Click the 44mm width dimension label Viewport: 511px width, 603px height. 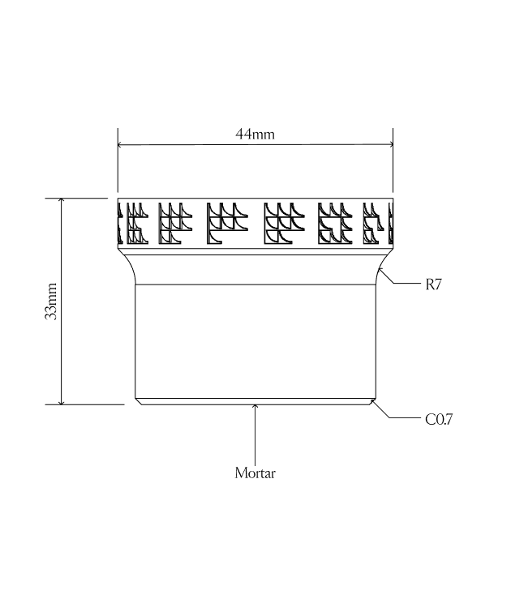tap(255, 135)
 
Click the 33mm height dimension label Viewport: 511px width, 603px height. tap(51, 301)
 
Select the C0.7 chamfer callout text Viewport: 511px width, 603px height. tap(439, 420)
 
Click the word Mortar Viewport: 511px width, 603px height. tap(255, 473)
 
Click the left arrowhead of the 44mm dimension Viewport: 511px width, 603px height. tap(122, 145)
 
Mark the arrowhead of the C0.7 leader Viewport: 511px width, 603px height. tap(373, 400)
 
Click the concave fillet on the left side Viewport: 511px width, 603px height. tap(129, 267)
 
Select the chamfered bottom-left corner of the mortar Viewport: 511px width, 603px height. tap(137, 401)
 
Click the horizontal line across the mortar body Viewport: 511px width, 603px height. tap(255, 284)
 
